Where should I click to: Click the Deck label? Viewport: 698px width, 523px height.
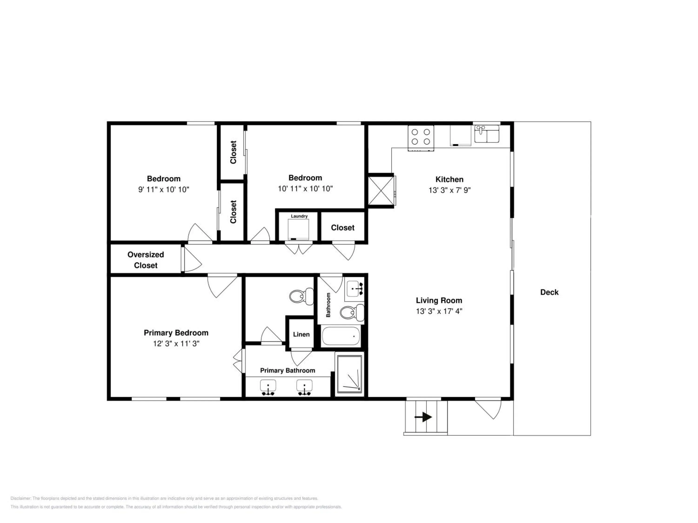[549, 292]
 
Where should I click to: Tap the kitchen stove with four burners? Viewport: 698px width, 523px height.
[421, 138]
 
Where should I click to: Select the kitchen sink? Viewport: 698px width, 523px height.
[487, 134]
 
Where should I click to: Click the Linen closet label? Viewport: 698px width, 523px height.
[301, 334]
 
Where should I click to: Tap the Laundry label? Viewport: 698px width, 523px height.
[299, 216]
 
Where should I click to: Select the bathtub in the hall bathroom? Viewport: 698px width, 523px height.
[341, 336]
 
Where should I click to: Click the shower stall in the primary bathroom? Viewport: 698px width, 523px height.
[350, 374]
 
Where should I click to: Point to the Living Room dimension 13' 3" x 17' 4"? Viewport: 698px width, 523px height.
[439, 311]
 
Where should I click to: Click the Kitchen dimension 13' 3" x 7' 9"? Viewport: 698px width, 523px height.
[449, 190]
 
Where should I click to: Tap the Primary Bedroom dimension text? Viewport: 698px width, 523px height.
[176, 344]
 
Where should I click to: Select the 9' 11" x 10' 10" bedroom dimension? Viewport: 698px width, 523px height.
[164, 189]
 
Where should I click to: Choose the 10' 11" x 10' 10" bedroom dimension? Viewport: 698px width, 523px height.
[305, 189]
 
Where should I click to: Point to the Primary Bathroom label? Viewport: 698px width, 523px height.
[288, 371]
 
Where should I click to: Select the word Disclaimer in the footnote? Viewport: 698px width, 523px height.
[21, 498]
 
